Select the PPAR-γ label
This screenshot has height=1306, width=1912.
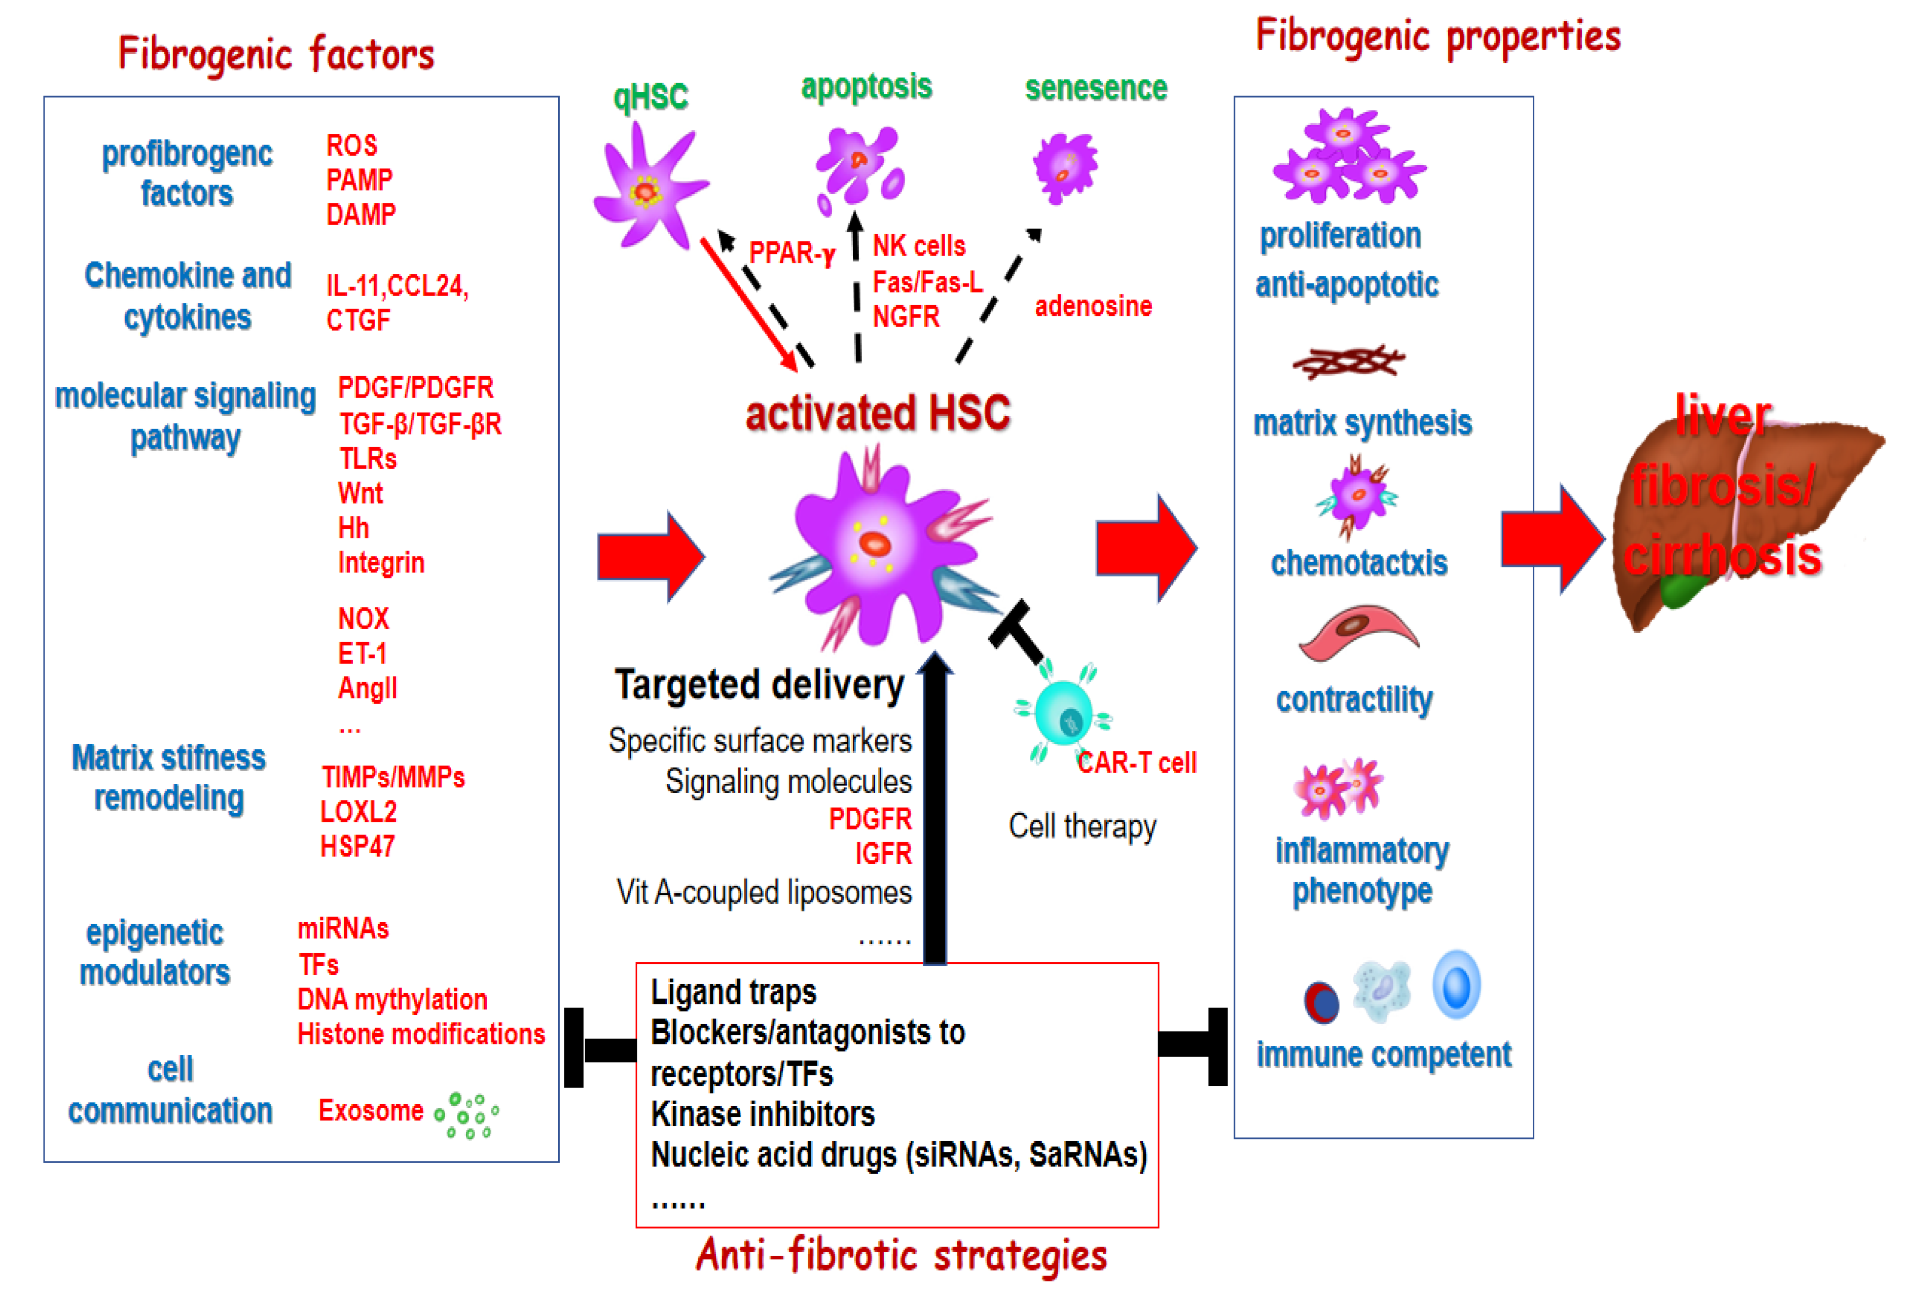(791, 252)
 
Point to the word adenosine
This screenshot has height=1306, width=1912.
(1093, 306)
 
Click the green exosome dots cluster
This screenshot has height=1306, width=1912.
(467, 1115)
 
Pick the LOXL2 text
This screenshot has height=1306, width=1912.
(358, 812)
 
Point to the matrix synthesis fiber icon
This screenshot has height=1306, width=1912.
(1348, 361)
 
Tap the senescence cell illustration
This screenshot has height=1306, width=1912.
(1065, 168)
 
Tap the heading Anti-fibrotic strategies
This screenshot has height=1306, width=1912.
(901, 1255)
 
